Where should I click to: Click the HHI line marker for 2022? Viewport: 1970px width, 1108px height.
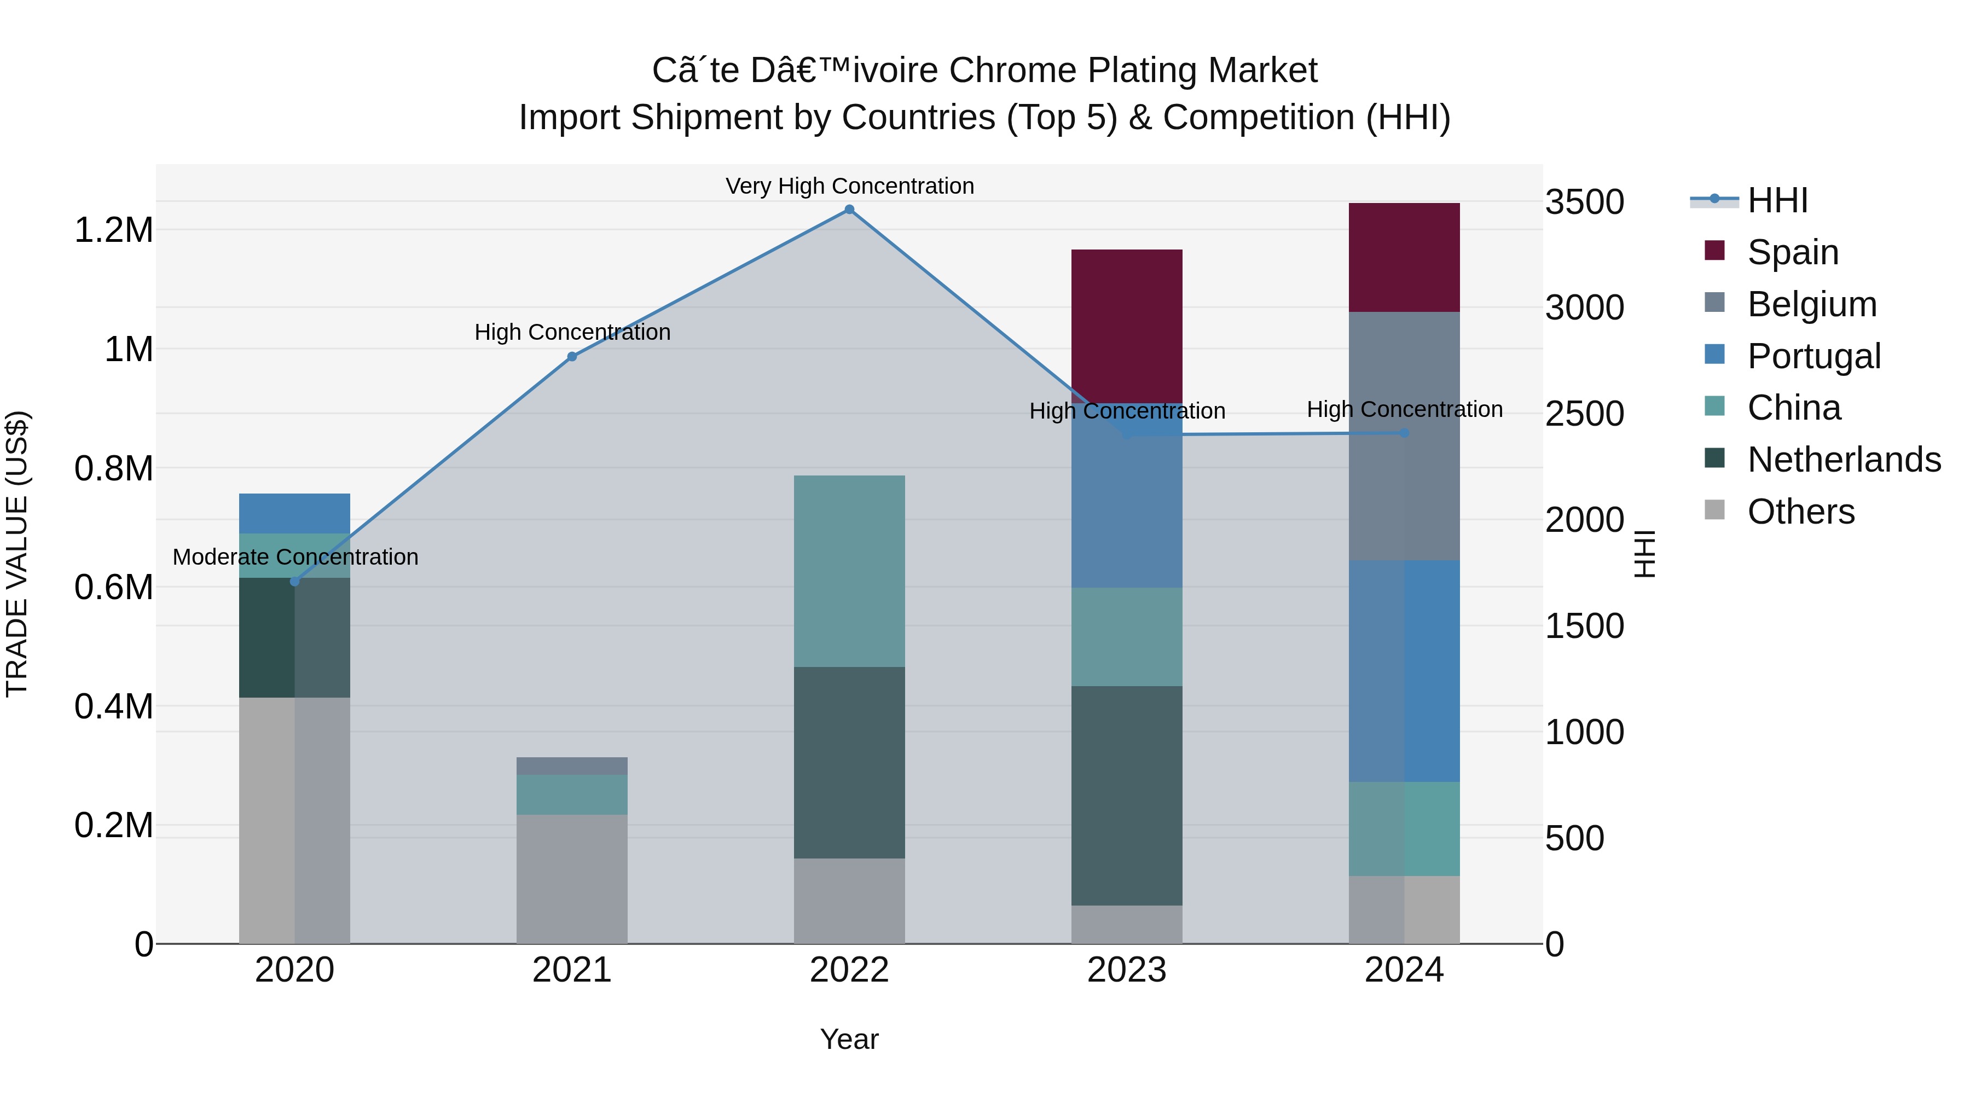(x=849, y=210)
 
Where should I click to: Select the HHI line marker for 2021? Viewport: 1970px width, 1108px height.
(x=572, y=356)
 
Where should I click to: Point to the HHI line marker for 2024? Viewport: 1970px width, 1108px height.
(x=1404, y=433)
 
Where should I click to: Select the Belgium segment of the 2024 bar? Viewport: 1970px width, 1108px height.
(x=1404, y=436)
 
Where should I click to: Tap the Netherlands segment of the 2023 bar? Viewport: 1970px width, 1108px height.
(x=1127, y=795)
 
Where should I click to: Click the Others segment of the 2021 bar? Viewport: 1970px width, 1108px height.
(x=572, y=879)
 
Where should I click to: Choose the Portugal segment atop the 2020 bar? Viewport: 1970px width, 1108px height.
(x=294, y=513)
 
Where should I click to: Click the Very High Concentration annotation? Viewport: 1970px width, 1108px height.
(x=849, y=186)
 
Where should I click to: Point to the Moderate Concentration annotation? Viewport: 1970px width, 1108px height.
(x=295, y=556)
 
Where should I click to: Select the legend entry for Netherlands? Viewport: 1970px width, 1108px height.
(x=1844, y=460)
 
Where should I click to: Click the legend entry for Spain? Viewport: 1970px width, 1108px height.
(x=1793, y=252)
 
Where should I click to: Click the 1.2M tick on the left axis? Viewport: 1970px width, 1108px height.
(x=113, y=229)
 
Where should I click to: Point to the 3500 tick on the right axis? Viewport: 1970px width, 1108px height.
(x=1585, y=202)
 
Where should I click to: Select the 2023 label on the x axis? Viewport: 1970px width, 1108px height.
(x=1127, y=970)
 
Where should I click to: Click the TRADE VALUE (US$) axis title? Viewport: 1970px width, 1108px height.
(x=17, y=554)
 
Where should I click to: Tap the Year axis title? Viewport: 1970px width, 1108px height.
(x=849, y=1039)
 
